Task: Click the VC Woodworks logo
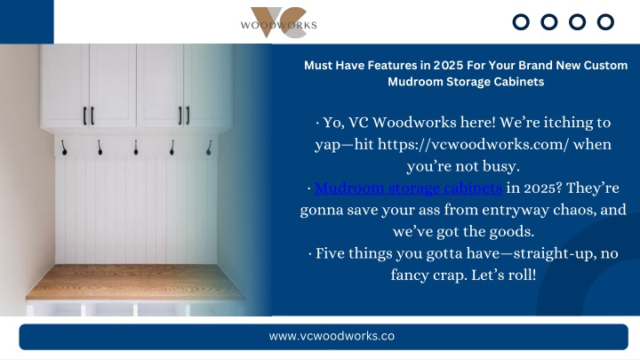tap(278, 22)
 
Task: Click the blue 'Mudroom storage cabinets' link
tap(408, 188)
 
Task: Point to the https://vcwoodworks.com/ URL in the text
tap(473, 144)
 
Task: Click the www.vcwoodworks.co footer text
tap(332, 336)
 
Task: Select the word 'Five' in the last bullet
tap(330, 253)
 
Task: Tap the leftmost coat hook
tap(64, 148)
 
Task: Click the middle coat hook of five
tap(136, 148)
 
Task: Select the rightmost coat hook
tap(209, 148)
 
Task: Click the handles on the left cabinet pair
tap(89, 116)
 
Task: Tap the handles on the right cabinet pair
tap(184, 116)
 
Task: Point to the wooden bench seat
tap(135, 282)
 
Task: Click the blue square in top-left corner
tap(27, 21)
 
